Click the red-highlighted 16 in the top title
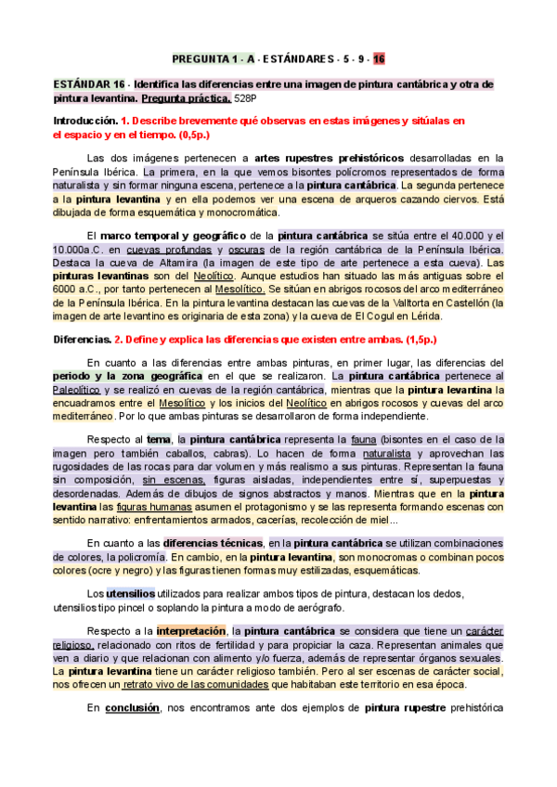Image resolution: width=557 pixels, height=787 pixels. click(x=379, y=58)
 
